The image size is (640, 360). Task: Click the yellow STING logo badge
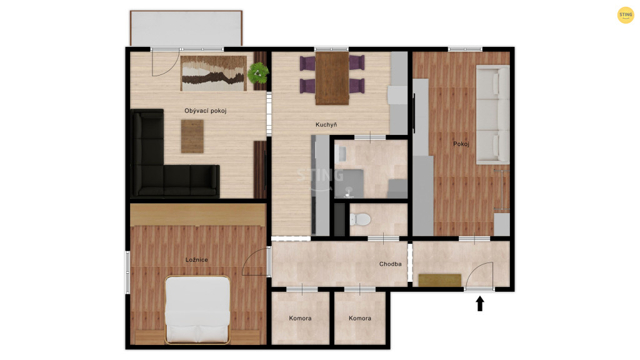click(625, 15)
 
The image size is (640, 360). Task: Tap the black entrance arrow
click(480, 304)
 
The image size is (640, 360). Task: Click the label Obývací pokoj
click(205, 111)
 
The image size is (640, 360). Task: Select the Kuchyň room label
click(326, 124)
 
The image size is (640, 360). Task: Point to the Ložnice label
click(197, 259)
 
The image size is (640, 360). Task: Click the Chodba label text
click(390, 264)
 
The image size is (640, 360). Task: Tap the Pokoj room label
click(461, 144)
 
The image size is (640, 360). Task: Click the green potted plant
click(258, 73)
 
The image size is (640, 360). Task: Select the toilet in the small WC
click(360, 219)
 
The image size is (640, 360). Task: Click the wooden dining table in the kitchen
click(332, 78)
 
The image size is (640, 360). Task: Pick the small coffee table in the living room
click(192, 136)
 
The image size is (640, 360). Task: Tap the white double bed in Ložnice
click(197, 310)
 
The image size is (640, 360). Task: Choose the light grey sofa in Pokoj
click(492, 114)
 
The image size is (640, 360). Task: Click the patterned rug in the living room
click(214, 74)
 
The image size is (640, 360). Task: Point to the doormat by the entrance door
click(440, 281)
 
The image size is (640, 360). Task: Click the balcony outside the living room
click(186, 28)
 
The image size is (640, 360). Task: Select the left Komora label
click(301, 318)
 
